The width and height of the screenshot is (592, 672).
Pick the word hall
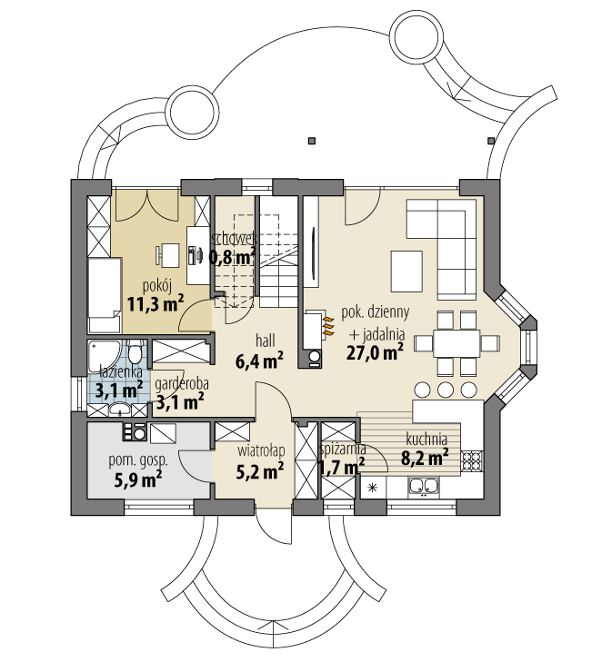pyautogui.click(x=266, y=340)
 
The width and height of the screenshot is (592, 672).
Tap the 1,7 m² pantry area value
pyautogui.click(x=341, y=466)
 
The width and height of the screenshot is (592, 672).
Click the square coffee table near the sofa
pyautogui.click(x=407, y=268)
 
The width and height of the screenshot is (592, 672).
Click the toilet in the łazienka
pyautogui.click(x=135, y=352)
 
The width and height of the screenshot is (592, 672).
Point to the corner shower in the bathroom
pyautogui.click(x=97, y=353)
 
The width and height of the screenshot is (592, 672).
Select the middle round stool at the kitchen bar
pyautogui.click(x=446, y=389)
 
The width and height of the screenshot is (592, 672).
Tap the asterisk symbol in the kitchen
pyautogui.click(x=371, y=489)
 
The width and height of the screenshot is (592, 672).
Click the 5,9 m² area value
pyautogui.click(x=138, y=478)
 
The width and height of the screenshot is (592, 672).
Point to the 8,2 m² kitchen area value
pyautogui.click(x=426, y=459)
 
